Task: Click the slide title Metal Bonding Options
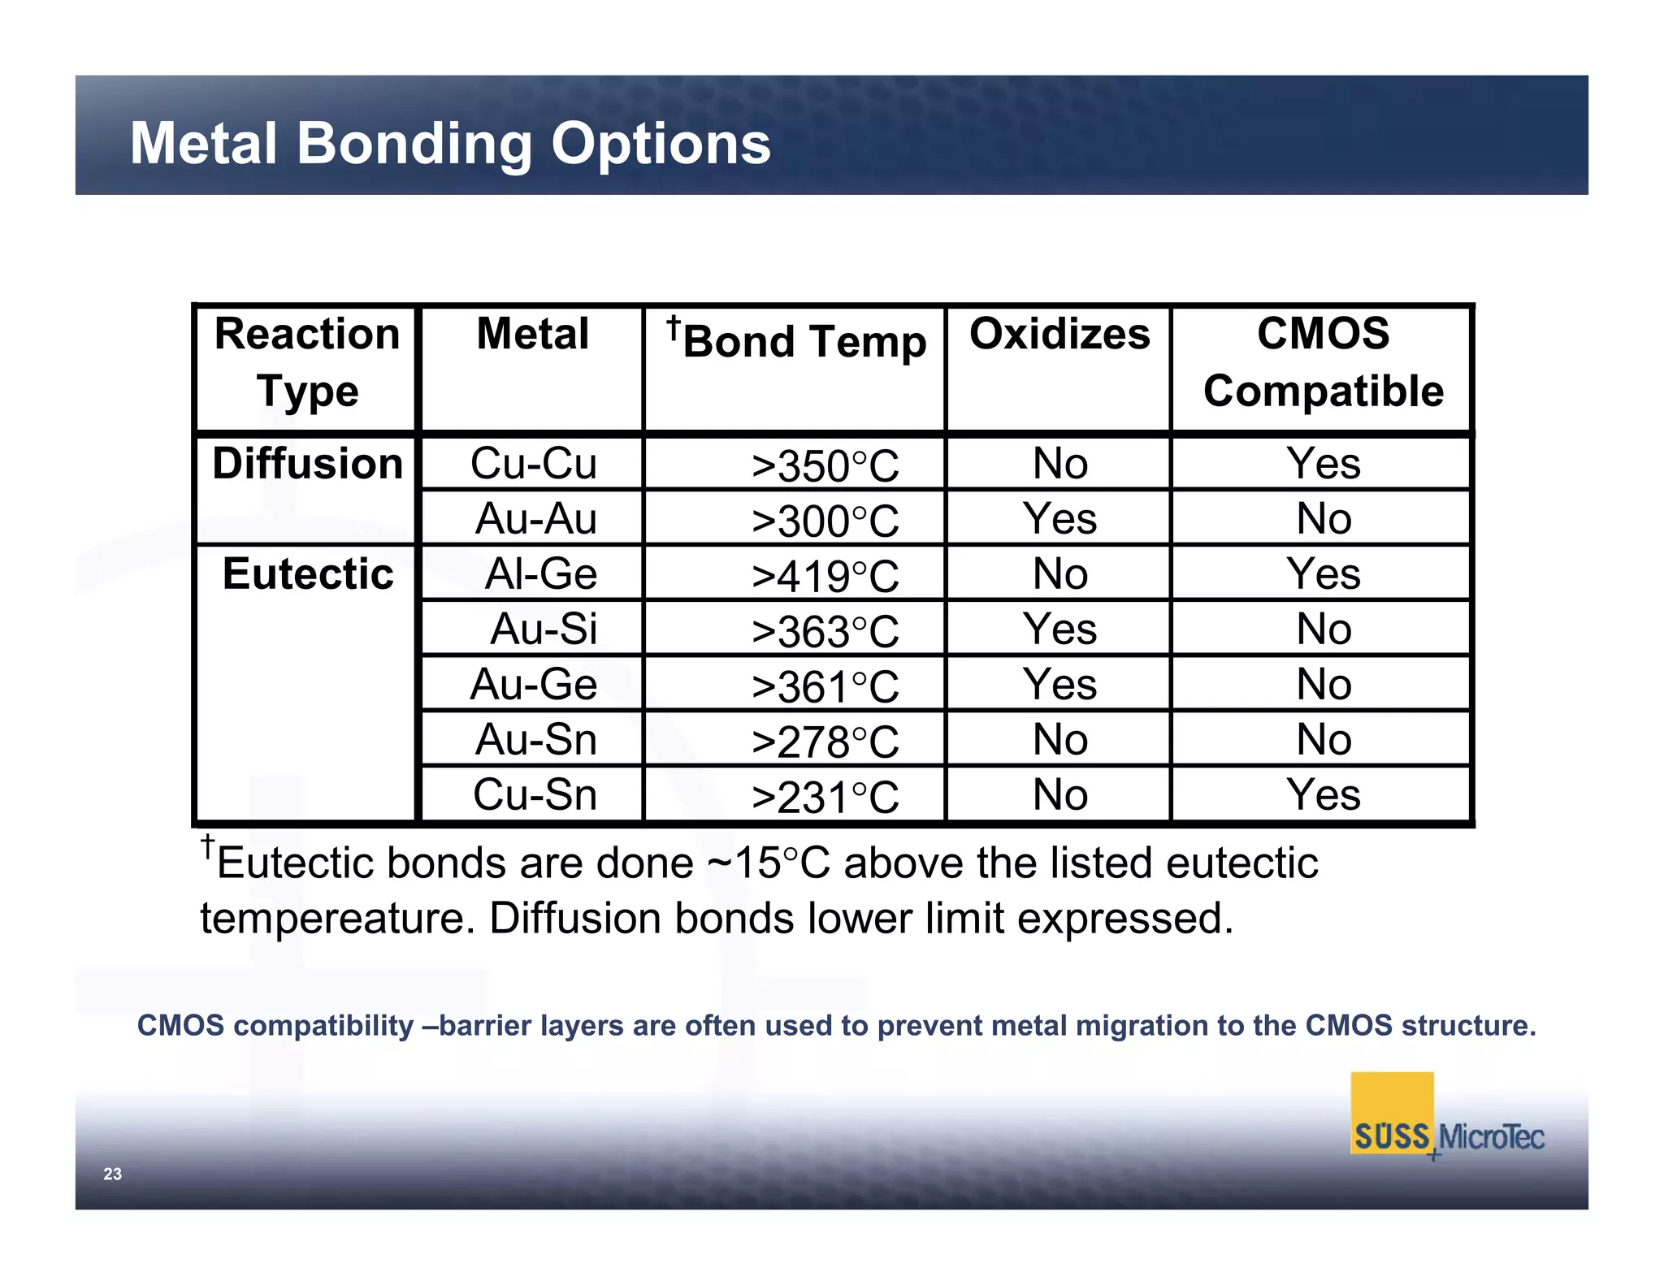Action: pyautogui.click(x=450, y=144)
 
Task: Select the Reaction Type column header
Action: pyautogui.click(x=307, y=362)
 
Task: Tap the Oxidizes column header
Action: pyautogui.click(x=1059, y=335)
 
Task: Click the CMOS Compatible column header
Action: pyautogui.click(x=1323, y=362)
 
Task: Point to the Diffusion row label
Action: pyautogui.click(x=307, y=464)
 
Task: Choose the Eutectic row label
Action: pyautogui.click(x=307, y=574)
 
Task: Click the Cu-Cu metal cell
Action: pyautogui.click(x=533, y=464)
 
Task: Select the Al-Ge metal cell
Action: pyautogui.click(x=540, y=574)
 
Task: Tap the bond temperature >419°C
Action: pyautogui.click(x=825, y=576)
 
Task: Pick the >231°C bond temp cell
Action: pyautogui.click(x=825, y=797)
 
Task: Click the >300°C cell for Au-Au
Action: pyautogui.click(x=825, y=521)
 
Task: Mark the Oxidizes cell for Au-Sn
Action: pyautogui.click(x=1059, y=740)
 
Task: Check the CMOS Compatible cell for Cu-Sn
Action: pyautogui.click(x=1323, y=794)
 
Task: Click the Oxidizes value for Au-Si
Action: pyautogui.click(x=1059, y=630)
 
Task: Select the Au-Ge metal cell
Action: pyautogui.click(x=533, y=685)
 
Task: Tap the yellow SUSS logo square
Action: pyautogui.click(x=1391, y=1113)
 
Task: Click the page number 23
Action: pyautogui.click(x=112, y=1174)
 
